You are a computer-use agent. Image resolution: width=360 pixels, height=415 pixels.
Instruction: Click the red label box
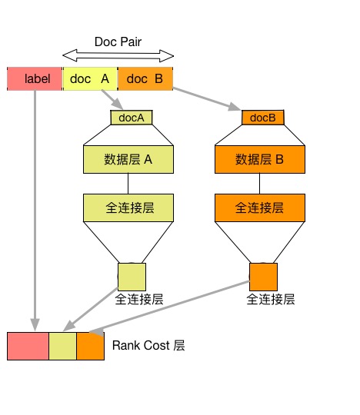pyautogui.click(x=35, y=78)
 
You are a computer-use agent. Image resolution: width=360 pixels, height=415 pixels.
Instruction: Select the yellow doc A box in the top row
pyautogui.click(x=90, y=78)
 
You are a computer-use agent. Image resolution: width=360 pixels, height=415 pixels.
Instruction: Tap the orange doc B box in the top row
pyautogui.click(x=145, y=78)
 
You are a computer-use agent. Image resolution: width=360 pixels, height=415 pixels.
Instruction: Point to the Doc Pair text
pyautogui.click(x=118, y=41)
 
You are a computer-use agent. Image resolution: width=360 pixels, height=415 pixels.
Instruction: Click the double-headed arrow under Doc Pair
pyautogui.click(x=118, y=55)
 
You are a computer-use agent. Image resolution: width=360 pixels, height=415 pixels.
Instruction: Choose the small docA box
pyautogui.click(x=132, y=118)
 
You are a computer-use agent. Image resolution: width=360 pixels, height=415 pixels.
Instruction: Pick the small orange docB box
pyautogui.click(x=263, y=118)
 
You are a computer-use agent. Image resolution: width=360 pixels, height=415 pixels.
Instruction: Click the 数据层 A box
pyautogui.click(x=128, y=159)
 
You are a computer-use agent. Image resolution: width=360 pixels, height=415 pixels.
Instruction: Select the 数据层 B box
pyautogui.click(x=260, y=159)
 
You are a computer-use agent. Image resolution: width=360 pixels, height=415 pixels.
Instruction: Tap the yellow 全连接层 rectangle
pyautogui.click(x=128, y=207)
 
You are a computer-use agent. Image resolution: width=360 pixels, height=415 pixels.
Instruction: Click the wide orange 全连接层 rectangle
pyautogui.click(x=260, y=207)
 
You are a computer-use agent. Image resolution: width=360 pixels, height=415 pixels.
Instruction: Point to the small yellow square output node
pyautogui.click(x=132, y=277)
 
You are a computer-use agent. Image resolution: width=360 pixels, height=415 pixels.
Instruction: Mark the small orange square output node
pyautogui.click(x=263, y=277)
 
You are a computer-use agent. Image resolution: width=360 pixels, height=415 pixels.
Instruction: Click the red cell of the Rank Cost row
pyautogui.click(x=28, y=346)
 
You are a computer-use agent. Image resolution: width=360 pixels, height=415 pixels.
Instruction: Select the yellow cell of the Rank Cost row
pyautogui.click(x=63, y=346)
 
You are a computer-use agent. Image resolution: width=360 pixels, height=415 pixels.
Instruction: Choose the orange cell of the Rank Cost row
pyautogui.click(x=90, y=346)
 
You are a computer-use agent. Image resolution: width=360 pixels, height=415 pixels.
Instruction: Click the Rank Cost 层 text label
pyautogui.click(x=148, y=345)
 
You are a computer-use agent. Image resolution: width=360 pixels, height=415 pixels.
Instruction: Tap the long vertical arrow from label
pyautogui.click(x=35, y=211)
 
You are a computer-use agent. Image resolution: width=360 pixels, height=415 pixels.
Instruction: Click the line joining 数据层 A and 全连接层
pyautogui.click(x=128, y=184)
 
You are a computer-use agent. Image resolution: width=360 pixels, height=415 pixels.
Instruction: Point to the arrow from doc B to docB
pyautogui.click(x=207, y=99)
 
